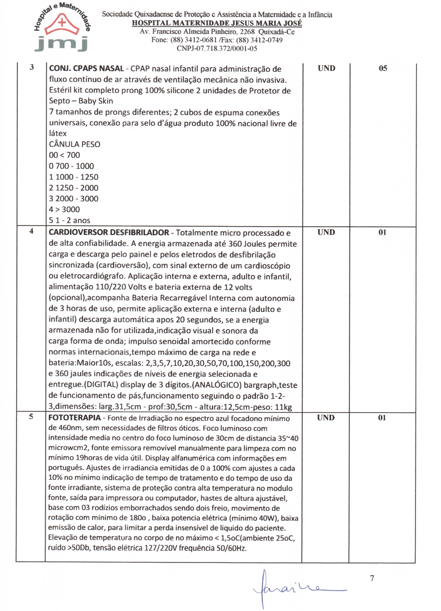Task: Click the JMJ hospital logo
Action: (62, 27)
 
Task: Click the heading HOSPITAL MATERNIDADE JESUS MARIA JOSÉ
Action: (217, 23)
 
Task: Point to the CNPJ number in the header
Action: (217, 48)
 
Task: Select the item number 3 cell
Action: (31, 68)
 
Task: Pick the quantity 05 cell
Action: (383, 69)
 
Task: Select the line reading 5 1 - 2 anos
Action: (69, 220)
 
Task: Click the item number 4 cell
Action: (31, 232)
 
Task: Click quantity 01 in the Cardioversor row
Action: (383, 232)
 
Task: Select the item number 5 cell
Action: (31, 418)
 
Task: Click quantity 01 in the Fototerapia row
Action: (383, 418)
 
